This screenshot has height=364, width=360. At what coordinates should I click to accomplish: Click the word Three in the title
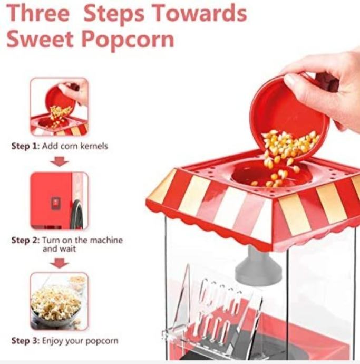(38, 13)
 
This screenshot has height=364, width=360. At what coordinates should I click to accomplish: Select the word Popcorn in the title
(128, 40)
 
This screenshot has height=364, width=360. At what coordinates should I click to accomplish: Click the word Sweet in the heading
(40, 39)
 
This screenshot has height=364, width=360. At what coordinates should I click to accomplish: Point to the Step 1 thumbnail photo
(59, 107)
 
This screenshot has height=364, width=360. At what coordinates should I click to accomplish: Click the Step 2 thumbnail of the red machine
(59, 201)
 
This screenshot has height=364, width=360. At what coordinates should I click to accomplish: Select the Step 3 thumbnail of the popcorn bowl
(59, 301)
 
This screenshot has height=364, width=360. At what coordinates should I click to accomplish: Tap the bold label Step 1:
(25, 146)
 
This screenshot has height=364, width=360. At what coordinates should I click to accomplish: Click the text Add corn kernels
(75, 146)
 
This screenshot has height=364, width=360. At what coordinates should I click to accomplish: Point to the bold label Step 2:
(25, 240)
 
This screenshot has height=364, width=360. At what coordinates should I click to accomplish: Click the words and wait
(59, 249)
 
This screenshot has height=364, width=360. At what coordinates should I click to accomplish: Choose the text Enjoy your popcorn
(80, 341)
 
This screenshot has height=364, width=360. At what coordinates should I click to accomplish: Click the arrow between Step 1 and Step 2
(60, 161)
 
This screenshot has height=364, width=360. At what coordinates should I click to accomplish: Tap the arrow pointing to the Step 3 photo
(60, 263)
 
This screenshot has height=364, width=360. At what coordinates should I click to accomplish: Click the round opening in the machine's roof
(271, 175)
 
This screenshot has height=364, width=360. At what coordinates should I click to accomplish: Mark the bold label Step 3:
(25, 341)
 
